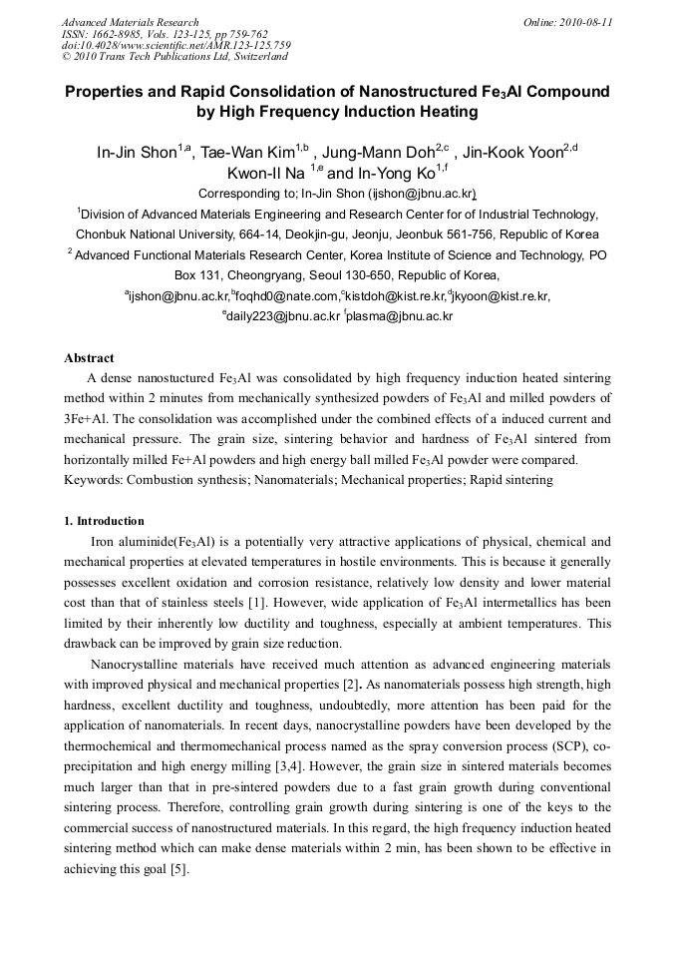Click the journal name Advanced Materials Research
[x=130, y=22]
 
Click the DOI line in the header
[x=175, y=45]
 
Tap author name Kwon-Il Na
[x=264, y=173]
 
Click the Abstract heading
[x=89, y=358]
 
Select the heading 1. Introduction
[x=104, y=521]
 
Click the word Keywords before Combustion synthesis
[x=93, y=480]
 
